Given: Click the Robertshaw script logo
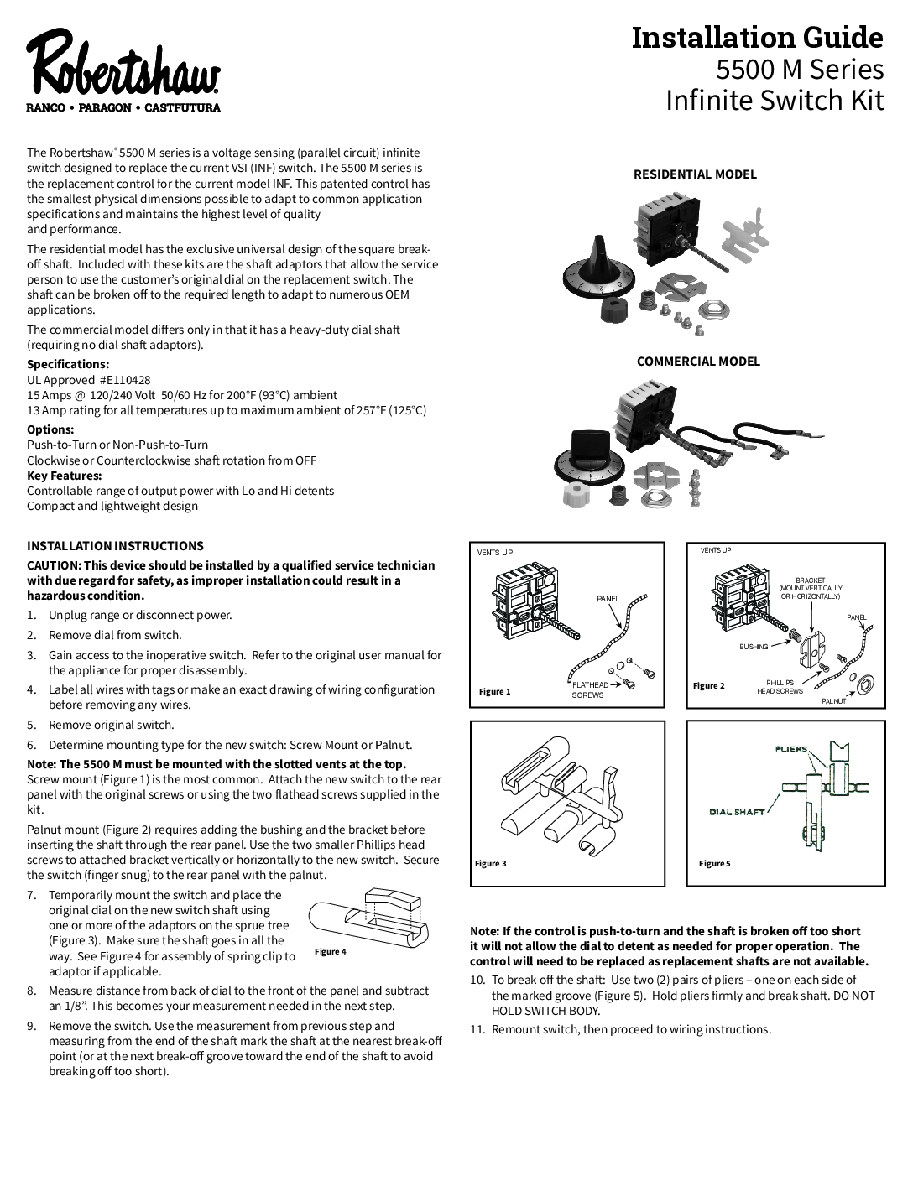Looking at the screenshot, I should point(124,65).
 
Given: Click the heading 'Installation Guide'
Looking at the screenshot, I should point(757,38).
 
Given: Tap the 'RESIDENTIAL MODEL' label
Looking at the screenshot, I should point(694,174).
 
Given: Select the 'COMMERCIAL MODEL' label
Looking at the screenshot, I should point(698,362).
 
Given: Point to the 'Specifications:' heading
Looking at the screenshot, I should point(68,364).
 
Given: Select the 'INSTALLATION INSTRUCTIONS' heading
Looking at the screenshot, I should point(115,546).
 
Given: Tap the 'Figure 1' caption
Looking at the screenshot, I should point(494,692).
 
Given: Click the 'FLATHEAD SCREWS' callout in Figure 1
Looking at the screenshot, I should point(590,689).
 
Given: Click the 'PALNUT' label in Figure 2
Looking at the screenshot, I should point(833,701).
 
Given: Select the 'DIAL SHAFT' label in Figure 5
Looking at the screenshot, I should point(737,812).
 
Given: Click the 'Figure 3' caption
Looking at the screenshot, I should point(491,864).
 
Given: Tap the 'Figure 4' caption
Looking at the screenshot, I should point(330,952).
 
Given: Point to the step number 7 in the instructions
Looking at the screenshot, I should point(31,896).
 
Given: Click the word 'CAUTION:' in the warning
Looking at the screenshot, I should point(54,565).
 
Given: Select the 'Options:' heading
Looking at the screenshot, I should point(50,429).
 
